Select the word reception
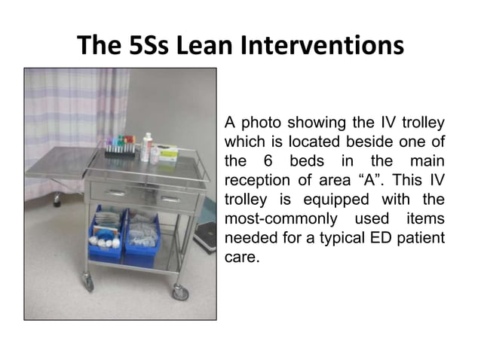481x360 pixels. click(257, 181)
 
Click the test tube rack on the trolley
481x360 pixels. click(119, 148)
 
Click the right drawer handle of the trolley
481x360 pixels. click(170, 199)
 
